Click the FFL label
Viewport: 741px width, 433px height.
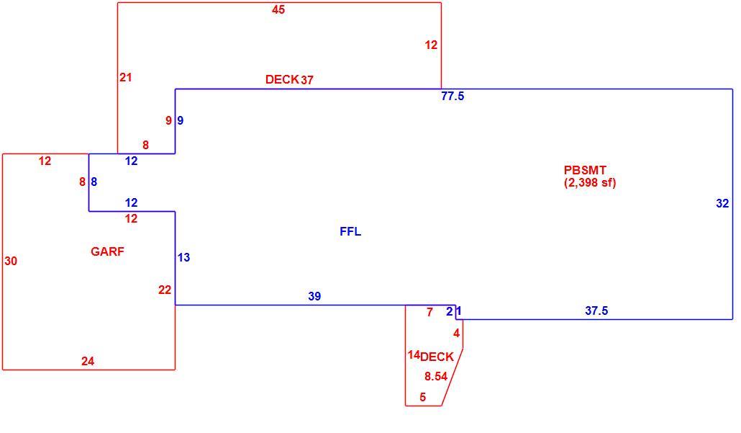pos(350,231)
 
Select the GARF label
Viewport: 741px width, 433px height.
pos(107,251)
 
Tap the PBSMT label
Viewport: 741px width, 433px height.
pos(585,170)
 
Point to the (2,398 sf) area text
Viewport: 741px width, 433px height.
pos(590,183)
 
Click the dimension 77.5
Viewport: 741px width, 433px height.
pos(453,96)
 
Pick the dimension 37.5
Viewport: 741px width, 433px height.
pos(596,311)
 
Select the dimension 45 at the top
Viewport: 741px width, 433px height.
pos(278,10)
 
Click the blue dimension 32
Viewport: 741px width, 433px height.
pos(722,203)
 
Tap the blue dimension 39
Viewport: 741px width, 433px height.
pos(314,296)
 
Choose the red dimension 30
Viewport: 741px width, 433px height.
pos(11,261)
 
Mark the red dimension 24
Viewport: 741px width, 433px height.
pos(88,361)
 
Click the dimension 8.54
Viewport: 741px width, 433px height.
pos(436,376)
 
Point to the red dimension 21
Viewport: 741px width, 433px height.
pos(125,78)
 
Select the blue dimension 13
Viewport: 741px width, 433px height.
pos(184,257)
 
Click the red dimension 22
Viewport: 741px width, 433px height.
pos(165,290)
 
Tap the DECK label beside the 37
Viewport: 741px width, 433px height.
pos(282,79)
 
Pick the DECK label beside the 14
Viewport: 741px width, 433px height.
pos(437,357)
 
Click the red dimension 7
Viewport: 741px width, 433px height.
pos(429,313)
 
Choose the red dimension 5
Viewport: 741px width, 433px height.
pos(422,397)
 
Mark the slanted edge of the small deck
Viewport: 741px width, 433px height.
pos(453,377)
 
